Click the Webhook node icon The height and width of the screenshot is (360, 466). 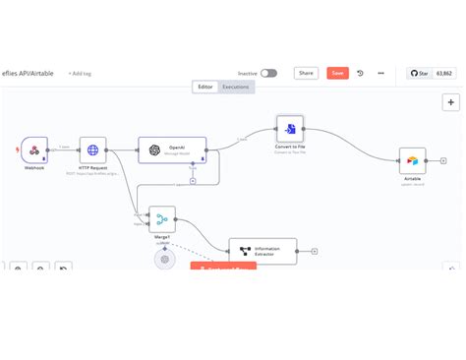34,150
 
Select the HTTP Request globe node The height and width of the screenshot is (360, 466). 92,150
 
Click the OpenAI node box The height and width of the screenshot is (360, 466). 171,150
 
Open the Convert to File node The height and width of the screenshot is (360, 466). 290,129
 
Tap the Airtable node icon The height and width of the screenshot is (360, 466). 412,160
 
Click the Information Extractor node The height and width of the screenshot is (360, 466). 262,251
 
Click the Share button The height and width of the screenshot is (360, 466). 307,73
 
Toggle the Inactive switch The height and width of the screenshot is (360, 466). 268,73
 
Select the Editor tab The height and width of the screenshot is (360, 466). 205,87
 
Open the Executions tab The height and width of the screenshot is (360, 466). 236,87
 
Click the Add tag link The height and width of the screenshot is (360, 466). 80,73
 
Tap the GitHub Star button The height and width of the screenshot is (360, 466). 418,73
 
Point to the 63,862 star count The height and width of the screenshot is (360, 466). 445,73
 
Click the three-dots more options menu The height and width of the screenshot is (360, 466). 380,73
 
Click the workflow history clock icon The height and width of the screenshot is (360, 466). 360,73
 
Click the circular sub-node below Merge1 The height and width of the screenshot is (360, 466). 165,260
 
